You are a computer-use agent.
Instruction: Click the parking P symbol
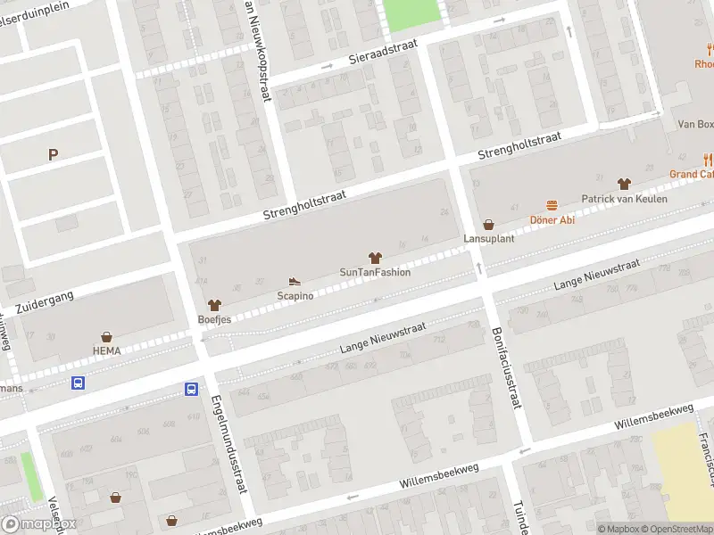pyautogui.click(x=53, y=155)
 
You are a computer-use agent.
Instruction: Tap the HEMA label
pyautogui.click(x=106, y=350)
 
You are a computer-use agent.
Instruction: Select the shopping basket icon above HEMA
pyautogui.click(x=107, y=337)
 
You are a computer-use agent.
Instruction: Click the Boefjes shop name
pyautogui.click(x=214, y=318)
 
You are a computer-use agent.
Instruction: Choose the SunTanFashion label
pyautogui.click(x=375, y=272)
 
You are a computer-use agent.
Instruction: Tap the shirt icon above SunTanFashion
pyautogui.click(x=375, y=258)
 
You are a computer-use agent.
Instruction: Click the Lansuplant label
pyautogui.click(x=487, y=239)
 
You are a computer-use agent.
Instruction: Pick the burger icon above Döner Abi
pyautogui.click(x=552, y=206)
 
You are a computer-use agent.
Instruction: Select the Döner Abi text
pyautogui.click(x=553, y=220)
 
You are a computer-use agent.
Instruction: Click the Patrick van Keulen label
pyautogui.click(x=624, y=199)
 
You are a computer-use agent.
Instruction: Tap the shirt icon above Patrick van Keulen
pyautogui.click(x=624, y=184)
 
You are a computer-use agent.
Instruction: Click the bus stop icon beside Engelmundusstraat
pyautogui.click(x=192, y=389)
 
